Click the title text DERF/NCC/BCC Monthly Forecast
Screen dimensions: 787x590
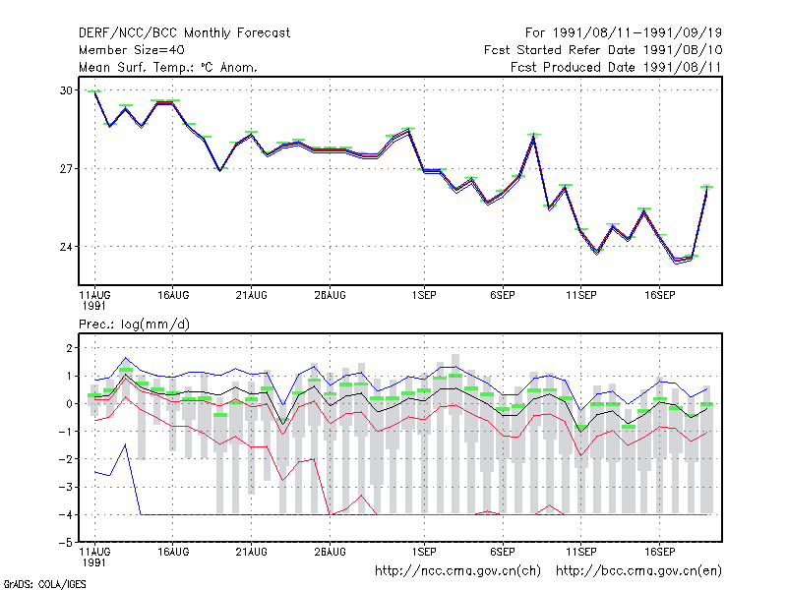click(x=184, y=33)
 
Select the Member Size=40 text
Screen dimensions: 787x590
click(x=132, y=50)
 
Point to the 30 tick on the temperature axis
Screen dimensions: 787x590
click(x=66, y=90)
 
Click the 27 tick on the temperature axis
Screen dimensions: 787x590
click(x=66, y=169)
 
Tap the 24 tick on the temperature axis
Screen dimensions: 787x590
click(x=66, y=247)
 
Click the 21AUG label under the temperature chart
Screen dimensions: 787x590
click(x=252, y=296)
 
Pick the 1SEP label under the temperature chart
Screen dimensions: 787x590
click(x=424, y=296)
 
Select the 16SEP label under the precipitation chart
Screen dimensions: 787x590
click(x=659, y=552)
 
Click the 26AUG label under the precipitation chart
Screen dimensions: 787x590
click(x=330, y=552)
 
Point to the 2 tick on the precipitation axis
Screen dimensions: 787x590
click(x=69, y=348)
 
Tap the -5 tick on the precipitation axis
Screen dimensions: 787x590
click(x=66, y=543)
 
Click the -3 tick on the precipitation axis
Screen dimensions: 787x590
click(x=66, y=487)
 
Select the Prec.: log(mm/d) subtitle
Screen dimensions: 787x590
click(x=134, y=324)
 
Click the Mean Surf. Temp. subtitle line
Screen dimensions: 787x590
click(x=168, y=67)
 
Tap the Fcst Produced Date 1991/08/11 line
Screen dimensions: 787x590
click(x=616, y=67)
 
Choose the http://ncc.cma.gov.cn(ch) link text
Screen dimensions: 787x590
click(x=457, y=571)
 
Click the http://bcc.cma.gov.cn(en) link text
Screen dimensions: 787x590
click(x=638, y=571)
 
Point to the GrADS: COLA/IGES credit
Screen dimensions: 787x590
click(x=44, y=584)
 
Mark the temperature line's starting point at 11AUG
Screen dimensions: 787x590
click(x=94, y=91)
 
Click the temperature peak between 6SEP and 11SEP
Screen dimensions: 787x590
click(x=534, y=136)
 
